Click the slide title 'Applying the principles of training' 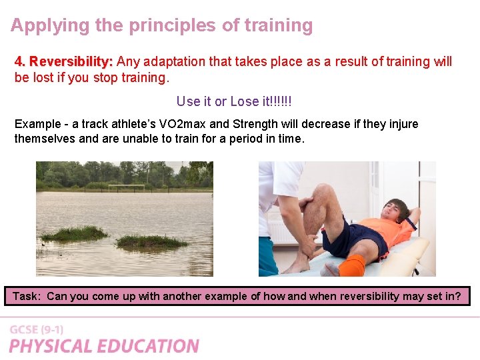[162, 26]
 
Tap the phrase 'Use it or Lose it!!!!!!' [234, 101]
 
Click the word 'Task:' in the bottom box [27, 296]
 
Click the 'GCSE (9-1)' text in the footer [37, 330]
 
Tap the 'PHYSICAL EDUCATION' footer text [104, 346]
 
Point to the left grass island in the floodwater [74, 233]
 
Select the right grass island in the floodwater [151, 241]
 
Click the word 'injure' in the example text [402, 125]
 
